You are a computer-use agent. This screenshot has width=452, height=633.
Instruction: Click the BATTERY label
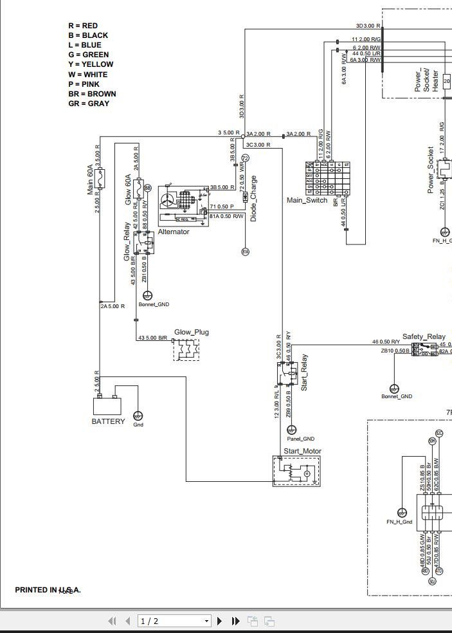point(108,422)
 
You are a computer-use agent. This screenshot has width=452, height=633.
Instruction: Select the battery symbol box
point(108,406)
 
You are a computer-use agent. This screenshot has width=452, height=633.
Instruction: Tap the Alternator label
point(174,232)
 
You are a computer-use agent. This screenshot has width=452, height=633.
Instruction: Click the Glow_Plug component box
point(186,349)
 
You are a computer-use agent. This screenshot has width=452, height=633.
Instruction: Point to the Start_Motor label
point(302,452)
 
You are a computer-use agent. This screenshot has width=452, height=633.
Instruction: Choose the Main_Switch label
point(307,200)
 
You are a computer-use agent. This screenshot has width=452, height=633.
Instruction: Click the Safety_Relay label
point(424,337)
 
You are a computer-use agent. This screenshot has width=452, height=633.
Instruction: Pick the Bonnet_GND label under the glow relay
point(154,304)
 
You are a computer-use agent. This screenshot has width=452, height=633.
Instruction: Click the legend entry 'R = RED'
point(83,26)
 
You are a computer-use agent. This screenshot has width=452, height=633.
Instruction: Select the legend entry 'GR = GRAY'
point(89,103)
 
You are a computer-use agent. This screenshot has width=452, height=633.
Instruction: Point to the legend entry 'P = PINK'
point(84,84)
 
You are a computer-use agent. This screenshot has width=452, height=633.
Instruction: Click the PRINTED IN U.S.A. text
point(48,590)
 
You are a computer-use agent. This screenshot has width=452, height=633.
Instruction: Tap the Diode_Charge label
point(253,199)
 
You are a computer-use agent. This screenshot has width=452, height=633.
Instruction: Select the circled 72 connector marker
point(245,158)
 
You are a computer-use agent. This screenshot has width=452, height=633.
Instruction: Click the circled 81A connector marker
point(245,252)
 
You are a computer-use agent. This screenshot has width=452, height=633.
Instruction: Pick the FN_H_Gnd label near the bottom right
point(399,522)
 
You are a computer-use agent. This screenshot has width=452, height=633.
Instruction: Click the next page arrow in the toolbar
point(220,621)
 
